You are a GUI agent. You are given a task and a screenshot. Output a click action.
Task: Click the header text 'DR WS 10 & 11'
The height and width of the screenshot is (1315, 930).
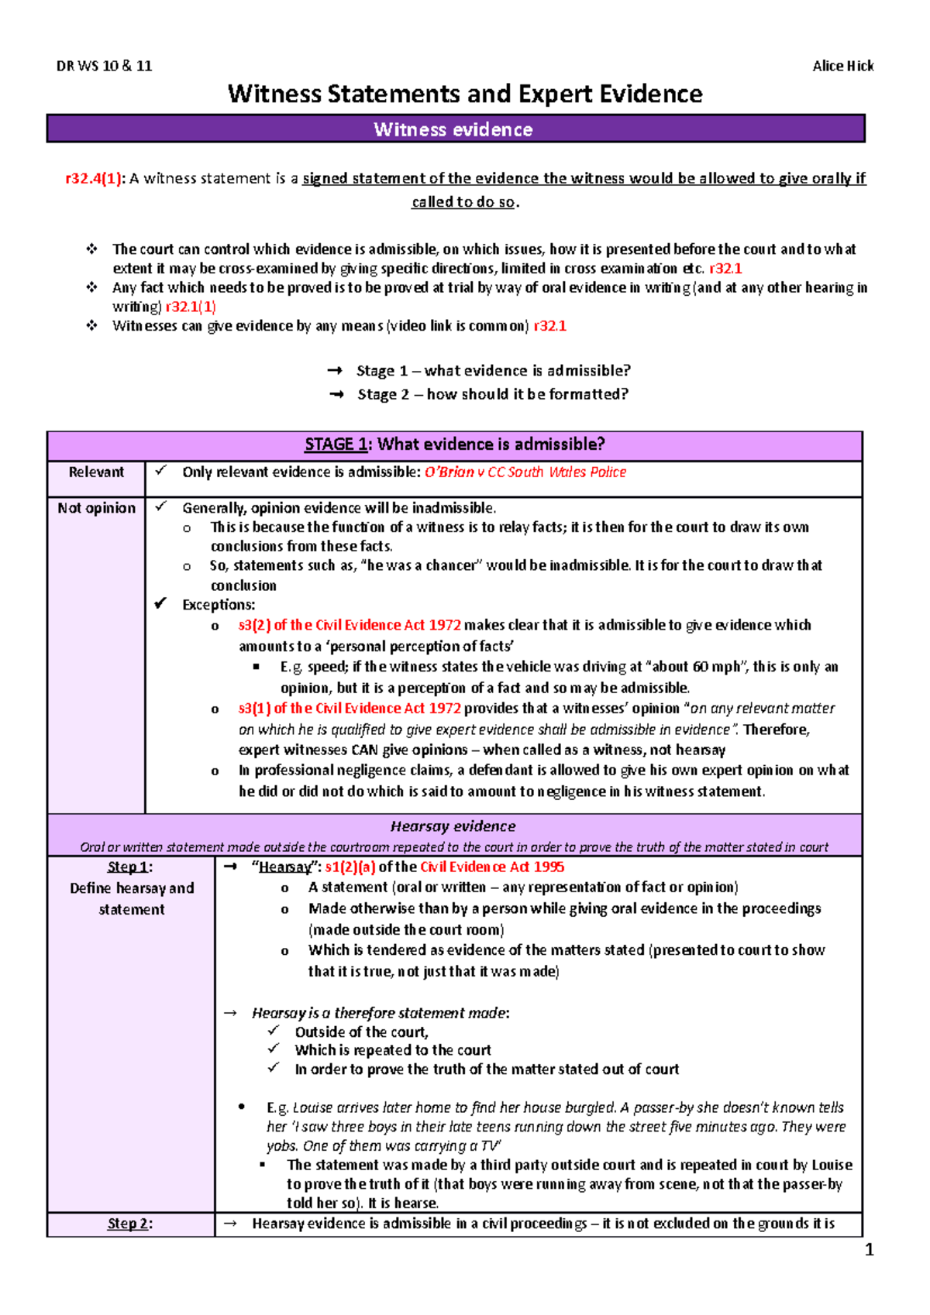tap(104, 66)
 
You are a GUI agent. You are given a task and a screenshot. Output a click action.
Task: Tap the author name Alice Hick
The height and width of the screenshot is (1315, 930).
tap(842, 66)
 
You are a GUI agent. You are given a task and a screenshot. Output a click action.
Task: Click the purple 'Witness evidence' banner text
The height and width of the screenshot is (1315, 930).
tap(453, 129)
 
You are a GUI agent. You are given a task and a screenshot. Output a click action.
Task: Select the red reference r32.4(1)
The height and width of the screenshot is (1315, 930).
tap(94, 179)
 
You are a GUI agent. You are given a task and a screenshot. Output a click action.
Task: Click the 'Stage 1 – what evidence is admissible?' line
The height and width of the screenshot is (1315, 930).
tap(493, 371)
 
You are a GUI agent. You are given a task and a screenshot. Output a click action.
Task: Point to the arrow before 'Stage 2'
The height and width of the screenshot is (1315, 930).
tap(336, 394)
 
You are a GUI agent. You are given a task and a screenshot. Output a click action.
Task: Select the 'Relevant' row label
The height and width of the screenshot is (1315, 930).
tap(96, 472)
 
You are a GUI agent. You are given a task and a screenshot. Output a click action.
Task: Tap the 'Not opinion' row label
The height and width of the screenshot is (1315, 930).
tap(96, 508)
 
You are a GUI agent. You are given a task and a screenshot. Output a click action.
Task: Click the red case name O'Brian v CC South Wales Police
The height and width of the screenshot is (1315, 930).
tap(525, 472)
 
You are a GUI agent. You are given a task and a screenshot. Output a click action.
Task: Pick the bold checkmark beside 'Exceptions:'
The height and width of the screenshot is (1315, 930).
tap(160, 603)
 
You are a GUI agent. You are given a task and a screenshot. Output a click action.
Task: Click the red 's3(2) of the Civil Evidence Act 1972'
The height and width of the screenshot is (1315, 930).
tap(350, 625)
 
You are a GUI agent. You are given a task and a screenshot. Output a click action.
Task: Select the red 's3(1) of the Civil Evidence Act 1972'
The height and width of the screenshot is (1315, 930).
tap(350, 708)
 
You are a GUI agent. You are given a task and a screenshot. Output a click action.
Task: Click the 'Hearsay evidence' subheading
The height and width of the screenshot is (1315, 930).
tap(453, 826)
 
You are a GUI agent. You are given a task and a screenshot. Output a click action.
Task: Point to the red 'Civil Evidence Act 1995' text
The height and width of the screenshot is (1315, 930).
tap(492, 867)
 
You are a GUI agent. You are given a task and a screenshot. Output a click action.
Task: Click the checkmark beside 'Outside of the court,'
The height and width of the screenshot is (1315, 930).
tap(274, 1031)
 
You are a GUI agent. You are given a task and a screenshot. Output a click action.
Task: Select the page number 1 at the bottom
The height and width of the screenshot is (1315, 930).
tap(869, 1250)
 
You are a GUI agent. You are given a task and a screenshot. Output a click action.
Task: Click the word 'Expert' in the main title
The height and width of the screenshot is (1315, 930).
tap(554, 94)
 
